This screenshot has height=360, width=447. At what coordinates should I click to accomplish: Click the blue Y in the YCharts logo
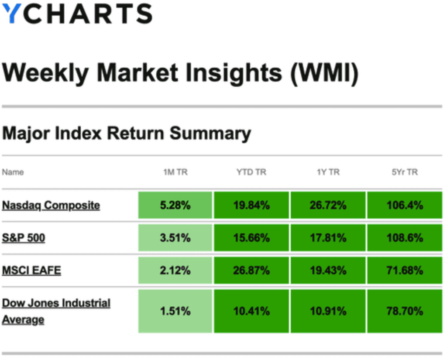(11, 13)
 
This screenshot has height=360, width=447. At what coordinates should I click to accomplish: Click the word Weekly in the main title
(45, 73)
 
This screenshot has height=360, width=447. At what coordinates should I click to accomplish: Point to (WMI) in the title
(324, 73)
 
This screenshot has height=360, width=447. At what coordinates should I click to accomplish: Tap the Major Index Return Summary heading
(127, 134)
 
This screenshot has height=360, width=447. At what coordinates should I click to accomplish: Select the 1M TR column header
(175, 172)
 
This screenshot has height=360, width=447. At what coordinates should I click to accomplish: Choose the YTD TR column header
(251, 172)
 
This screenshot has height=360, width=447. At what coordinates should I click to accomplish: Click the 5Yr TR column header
(405, 172)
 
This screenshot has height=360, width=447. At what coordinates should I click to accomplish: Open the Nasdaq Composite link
(51, 206)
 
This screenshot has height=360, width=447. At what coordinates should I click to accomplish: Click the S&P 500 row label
(24, 238)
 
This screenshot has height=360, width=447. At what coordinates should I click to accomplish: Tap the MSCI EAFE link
(31, 270)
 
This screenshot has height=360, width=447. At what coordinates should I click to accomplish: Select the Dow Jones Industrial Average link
(56, 311)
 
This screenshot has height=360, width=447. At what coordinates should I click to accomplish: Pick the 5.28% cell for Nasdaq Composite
(175, 205)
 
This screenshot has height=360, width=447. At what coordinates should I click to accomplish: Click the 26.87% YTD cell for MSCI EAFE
(251, 270)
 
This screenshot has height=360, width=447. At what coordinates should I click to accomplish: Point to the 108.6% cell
(405, 238)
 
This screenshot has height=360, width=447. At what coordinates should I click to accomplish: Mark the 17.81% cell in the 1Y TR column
(328, 238)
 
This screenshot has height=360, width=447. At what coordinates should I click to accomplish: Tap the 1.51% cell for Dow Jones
(175, 311)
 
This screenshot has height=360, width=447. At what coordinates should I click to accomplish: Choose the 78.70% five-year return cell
(405, 311)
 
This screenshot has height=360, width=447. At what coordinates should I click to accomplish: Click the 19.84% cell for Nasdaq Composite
(251, 205)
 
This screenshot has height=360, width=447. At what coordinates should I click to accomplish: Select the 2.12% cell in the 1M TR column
(175, 270)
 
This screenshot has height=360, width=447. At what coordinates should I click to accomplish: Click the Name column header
(13, 172)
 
